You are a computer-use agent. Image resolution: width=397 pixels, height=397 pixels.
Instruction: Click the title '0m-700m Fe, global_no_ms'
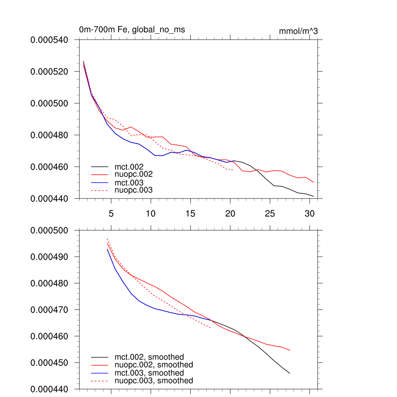tap(132, 30)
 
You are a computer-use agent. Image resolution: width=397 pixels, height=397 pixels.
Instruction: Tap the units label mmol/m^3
tap(298, 31)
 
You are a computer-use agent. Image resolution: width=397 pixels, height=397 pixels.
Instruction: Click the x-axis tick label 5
tap(111, 214)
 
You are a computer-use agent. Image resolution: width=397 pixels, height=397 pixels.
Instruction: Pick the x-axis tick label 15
tap(190, 214)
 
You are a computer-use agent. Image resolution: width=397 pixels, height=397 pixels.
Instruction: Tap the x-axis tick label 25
tap(269, 214)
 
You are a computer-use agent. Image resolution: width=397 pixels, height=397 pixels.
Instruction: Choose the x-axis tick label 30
tap(309, 214)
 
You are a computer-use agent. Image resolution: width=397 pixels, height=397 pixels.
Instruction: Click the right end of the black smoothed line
tap(290, 373)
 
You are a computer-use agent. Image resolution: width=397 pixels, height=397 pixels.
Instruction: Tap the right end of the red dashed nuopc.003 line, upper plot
tap(233, 170)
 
